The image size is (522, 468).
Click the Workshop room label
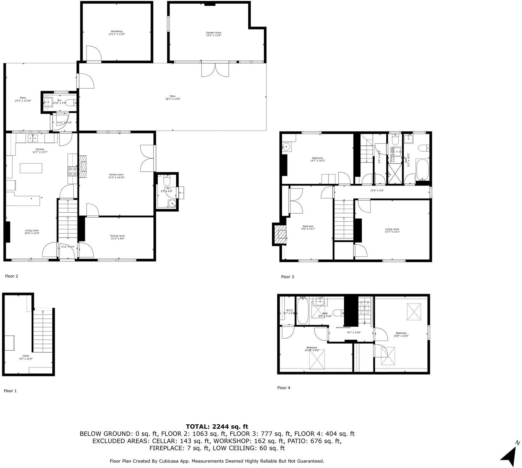click(x=117, y=33)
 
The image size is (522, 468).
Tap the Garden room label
click(x=214, y=34)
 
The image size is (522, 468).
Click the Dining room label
click(x=117, y=237)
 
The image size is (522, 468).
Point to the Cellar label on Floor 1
click(x=26, y=357)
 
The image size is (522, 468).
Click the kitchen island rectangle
click(x=31, y=168)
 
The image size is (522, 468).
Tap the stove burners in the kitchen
click(x=72, y=171)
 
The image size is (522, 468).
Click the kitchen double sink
click(x=32, y=139)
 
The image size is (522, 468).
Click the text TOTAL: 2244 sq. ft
click(x=217, y=427)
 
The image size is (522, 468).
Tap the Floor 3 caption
click(x=287, y=277)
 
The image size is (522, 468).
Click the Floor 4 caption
click(x=284, y=388)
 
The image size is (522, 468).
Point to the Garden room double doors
click(x=215, y=69)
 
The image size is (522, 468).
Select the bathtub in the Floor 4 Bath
click(x=303, y=311)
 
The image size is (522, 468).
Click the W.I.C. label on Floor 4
click(x=289, y=312)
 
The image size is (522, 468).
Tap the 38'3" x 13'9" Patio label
click(x=172, y=97)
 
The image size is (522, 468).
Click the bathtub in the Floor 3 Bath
click(x=422, y=169)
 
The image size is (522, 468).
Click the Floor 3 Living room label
click(x=392, y=230)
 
